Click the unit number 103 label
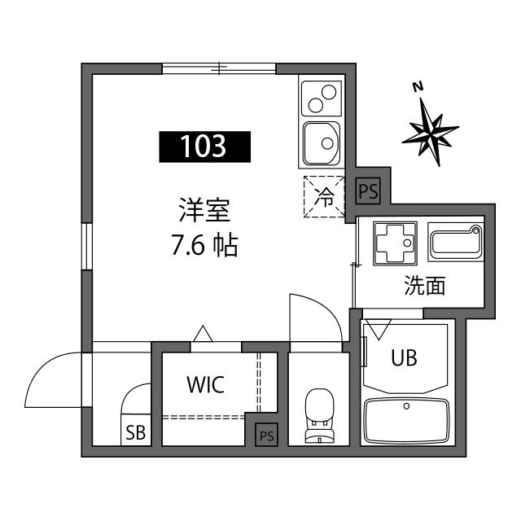coord(204,147)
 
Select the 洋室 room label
coord(206,211)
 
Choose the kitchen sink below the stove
coord(321,144)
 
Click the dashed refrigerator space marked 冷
coord(324,197)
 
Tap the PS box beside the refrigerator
coord(369,192)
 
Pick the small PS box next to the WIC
coord(266,436)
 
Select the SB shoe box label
coord(135,433)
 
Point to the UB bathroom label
coord(405,357)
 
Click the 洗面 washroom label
coord(425,287)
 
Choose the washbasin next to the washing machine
coord(454,243)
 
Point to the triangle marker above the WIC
coord(202,334)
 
